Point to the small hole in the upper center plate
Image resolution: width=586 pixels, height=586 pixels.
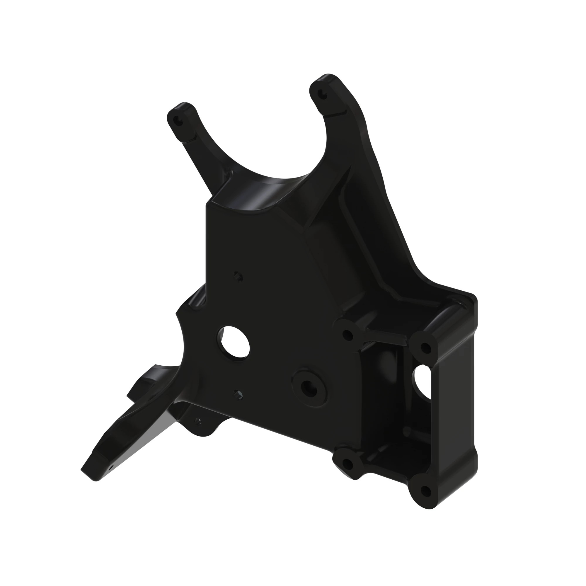click(238, 276)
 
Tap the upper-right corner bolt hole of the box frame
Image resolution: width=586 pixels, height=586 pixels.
click(425, 347)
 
